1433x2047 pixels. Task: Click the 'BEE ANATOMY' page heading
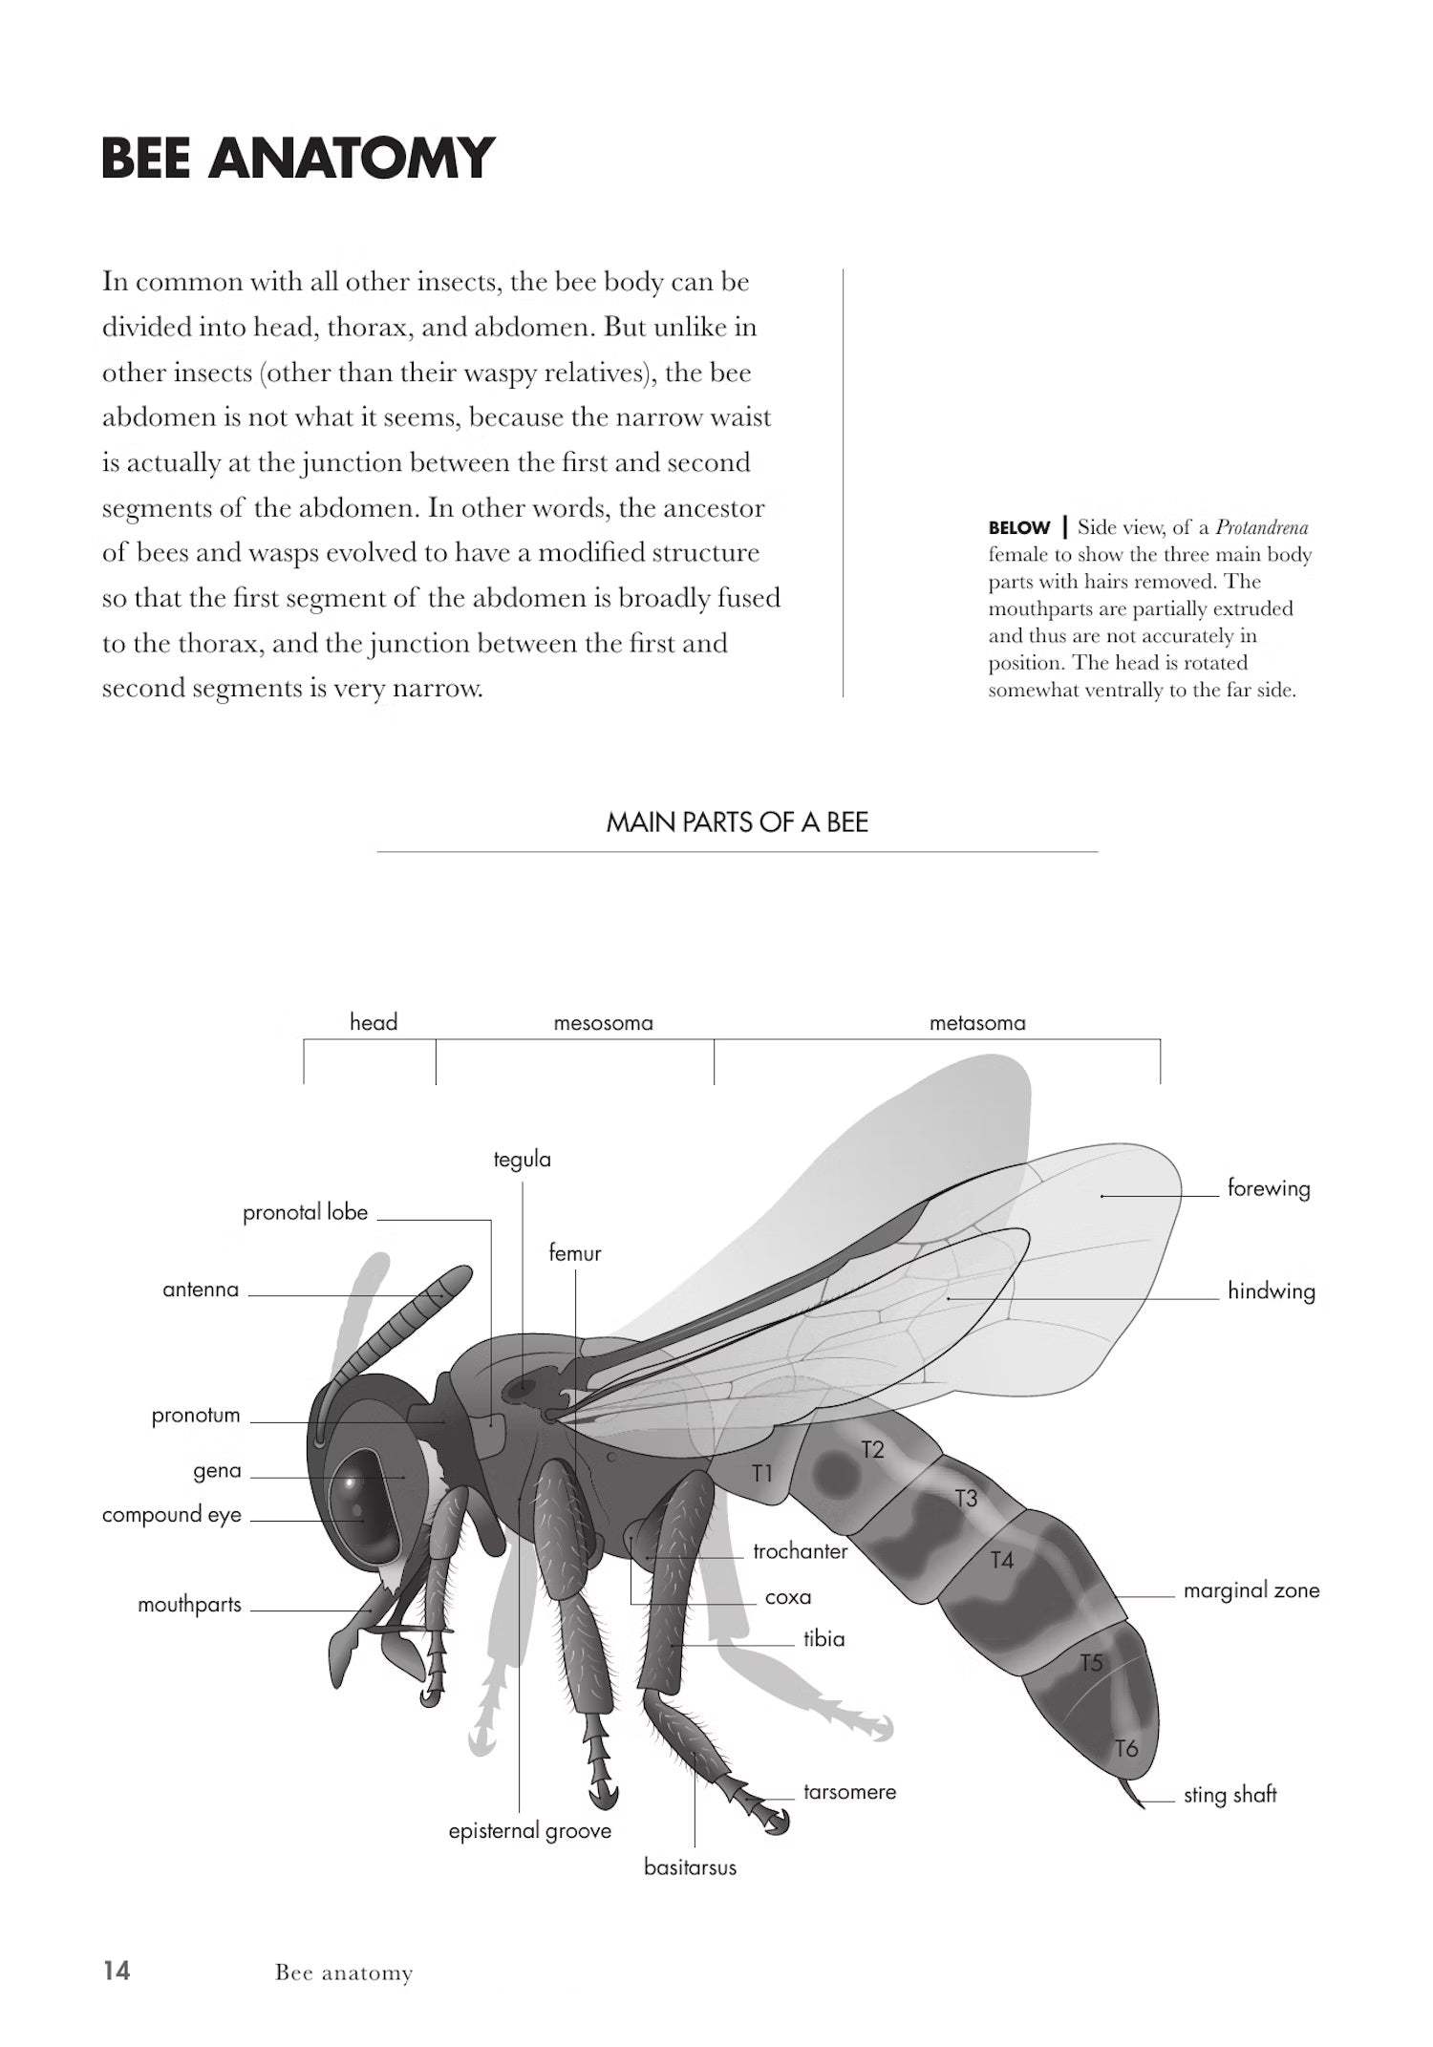(297, 159)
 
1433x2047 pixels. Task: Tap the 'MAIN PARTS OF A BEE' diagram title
(737, 822)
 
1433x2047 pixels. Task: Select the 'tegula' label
(522, 1160)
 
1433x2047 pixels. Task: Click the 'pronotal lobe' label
(305, 1212)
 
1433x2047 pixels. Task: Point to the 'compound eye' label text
(172, 1515)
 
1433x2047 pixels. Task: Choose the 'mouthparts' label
(189, 1605)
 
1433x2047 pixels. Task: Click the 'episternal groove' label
(529, 1831)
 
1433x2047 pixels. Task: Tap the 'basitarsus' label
(690, 1867)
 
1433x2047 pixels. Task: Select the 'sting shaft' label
(1230, 1795)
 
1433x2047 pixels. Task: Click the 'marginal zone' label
(1251, 1590)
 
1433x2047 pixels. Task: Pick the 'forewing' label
(1268, 1188)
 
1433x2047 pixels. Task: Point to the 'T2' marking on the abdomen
(872, 1450)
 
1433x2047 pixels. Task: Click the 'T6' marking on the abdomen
(1126, 1748)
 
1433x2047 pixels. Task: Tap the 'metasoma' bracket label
(977, 1023)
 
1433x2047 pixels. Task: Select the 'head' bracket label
(373, 1022)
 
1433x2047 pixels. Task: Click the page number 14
(117, 1971)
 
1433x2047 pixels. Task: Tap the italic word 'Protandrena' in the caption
(1261, 527)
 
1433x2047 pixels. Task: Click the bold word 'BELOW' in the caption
(1018, 527)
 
